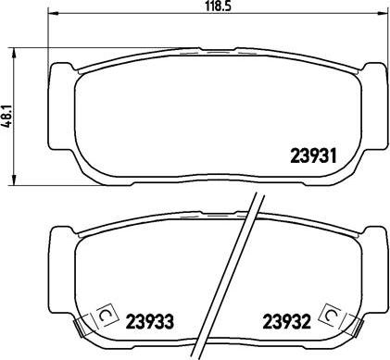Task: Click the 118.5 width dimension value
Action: coord(219,6)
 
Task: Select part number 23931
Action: coord(313,155)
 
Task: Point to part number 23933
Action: coord(150,321)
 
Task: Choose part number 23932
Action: coord(286,321)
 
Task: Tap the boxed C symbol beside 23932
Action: coord(332,315)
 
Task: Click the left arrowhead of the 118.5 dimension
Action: coord(53,13)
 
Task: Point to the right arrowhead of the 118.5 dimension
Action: coord(383,13)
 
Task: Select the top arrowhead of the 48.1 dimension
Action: coord(14,53)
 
